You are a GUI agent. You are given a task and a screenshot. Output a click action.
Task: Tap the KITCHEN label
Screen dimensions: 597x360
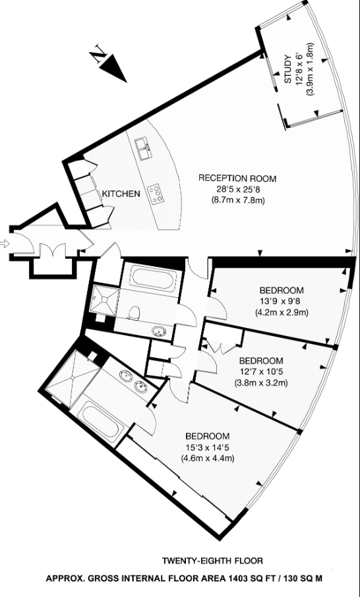pos(121,194)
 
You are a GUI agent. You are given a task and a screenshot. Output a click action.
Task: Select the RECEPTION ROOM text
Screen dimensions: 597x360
pos(237,179)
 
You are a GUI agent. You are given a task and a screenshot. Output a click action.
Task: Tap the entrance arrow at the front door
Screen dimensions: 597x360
pos(6,244)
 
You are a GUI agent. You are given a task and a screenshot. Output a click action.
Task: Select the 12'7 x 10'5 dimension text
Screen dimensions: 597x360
pos(261,372)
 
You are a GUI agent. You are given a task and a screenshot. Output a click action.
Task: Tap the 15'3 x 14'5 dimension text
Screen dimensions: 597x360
pos(207,447)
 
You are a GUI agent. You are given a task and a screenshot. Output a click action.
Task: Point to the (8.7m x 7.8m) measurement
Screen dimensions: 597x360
pos(237,200)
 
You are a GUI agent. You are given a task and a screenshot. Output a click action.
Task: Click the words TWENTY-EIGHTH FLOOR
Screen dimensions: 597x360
pos(212,561)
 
